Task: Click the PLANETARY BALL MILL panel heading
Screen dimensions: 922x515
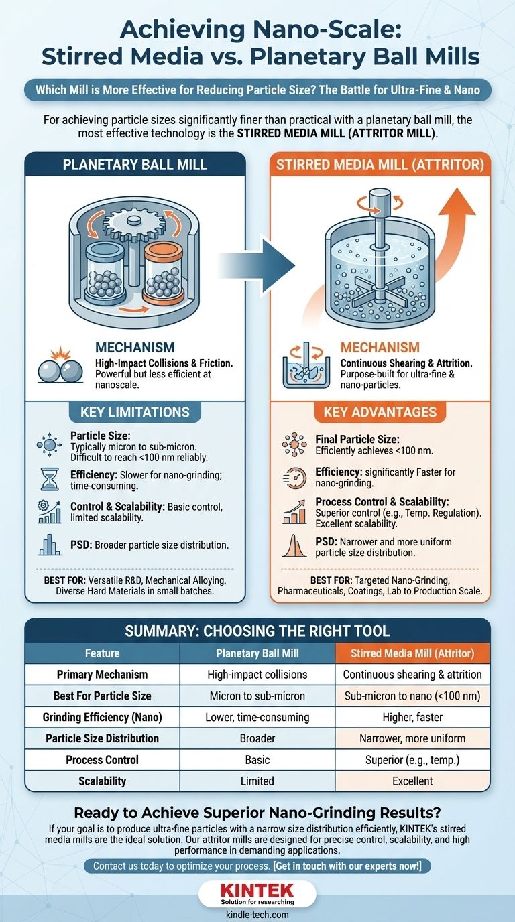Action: [x=135, y=164]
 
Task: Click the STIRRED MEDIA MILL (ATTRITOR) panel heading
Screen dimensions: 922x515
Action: [x=380, y=164]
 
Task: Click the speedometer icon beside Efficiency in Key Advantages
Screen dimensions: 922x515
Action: [x=294, y=478]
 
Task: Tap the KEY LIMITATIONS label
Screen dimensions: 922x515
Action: [x=135, y=412]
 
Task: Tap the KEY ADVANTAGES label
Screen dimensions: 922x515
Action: [x=380, y=412]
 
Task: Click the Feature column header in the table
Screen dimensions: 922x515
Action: [x=103, y=653]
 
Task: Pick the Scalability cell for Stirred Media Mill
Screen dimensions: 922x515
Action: [x=412, y=781]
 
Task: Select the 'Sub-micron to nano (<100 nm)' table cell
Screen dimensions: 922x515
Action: [x=412, y=696]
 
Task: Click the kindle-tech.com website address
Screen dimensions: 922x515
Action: [x=257, y=914]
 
